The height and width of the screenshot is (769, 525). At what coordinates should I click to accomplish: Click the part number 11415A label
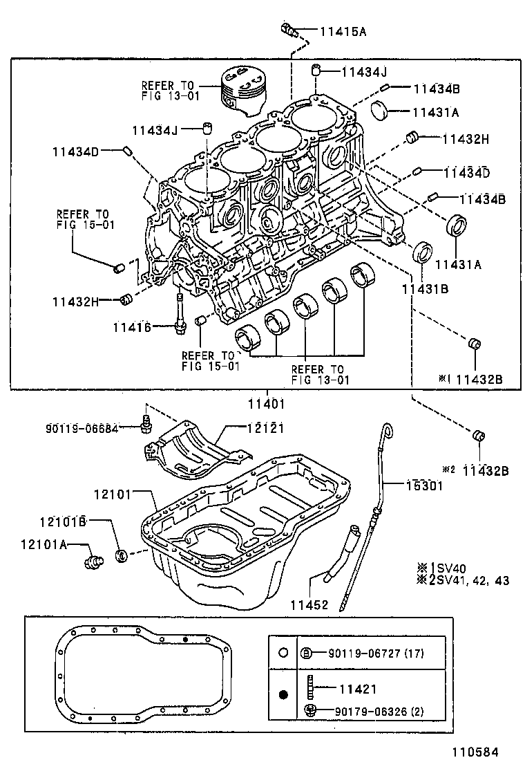click(x=343, y=30)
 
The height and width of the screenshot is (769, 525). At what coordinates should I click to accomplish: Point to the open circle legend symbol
click(x=283, y=652)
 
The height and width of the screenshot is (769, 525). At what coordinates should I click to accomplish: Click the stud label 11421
click(x=357, y=689)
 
